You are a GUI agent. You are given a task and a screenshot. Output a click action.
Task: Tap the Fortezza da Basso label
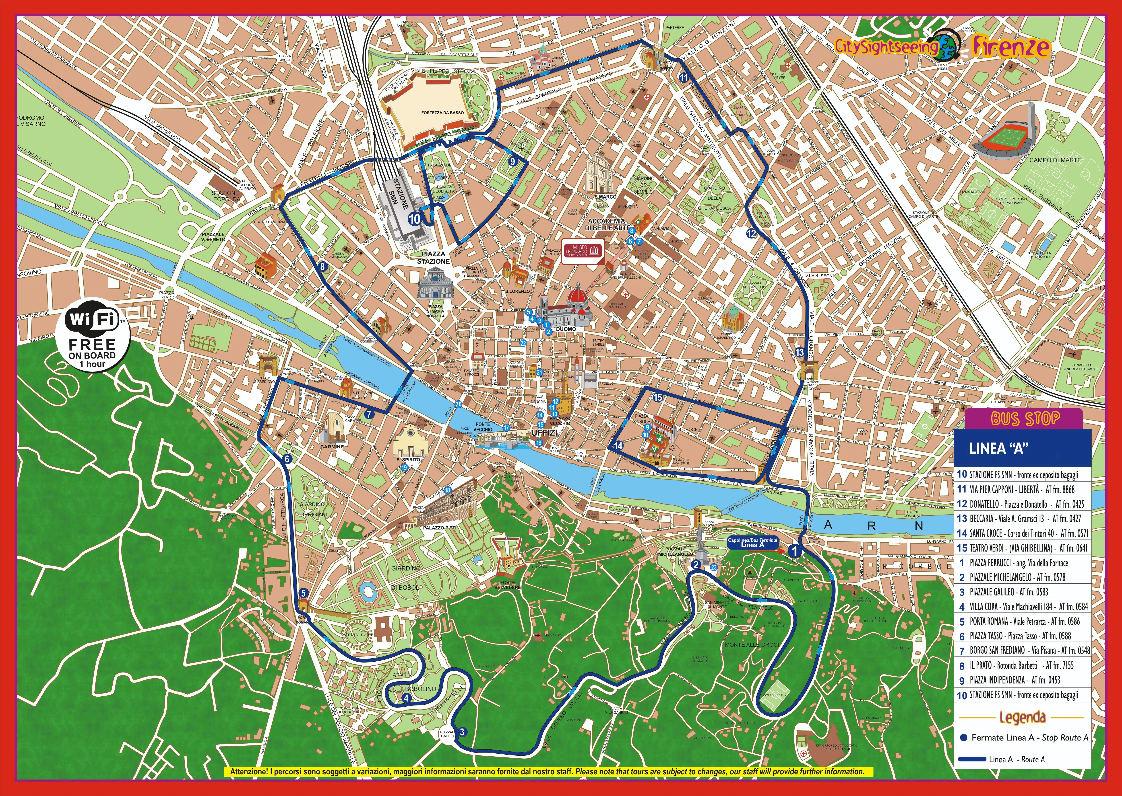click(x=442, y=113)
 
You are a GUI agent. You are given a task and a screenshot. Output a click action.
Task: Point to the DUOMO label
click(x=566, y=329)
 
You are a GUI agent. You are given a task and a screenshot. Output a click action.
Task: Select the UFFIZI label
click(x=544, y=433)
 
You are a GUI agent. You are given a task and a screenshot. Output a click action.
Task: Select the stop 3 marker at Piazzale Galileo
click(x=462, y=732)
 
